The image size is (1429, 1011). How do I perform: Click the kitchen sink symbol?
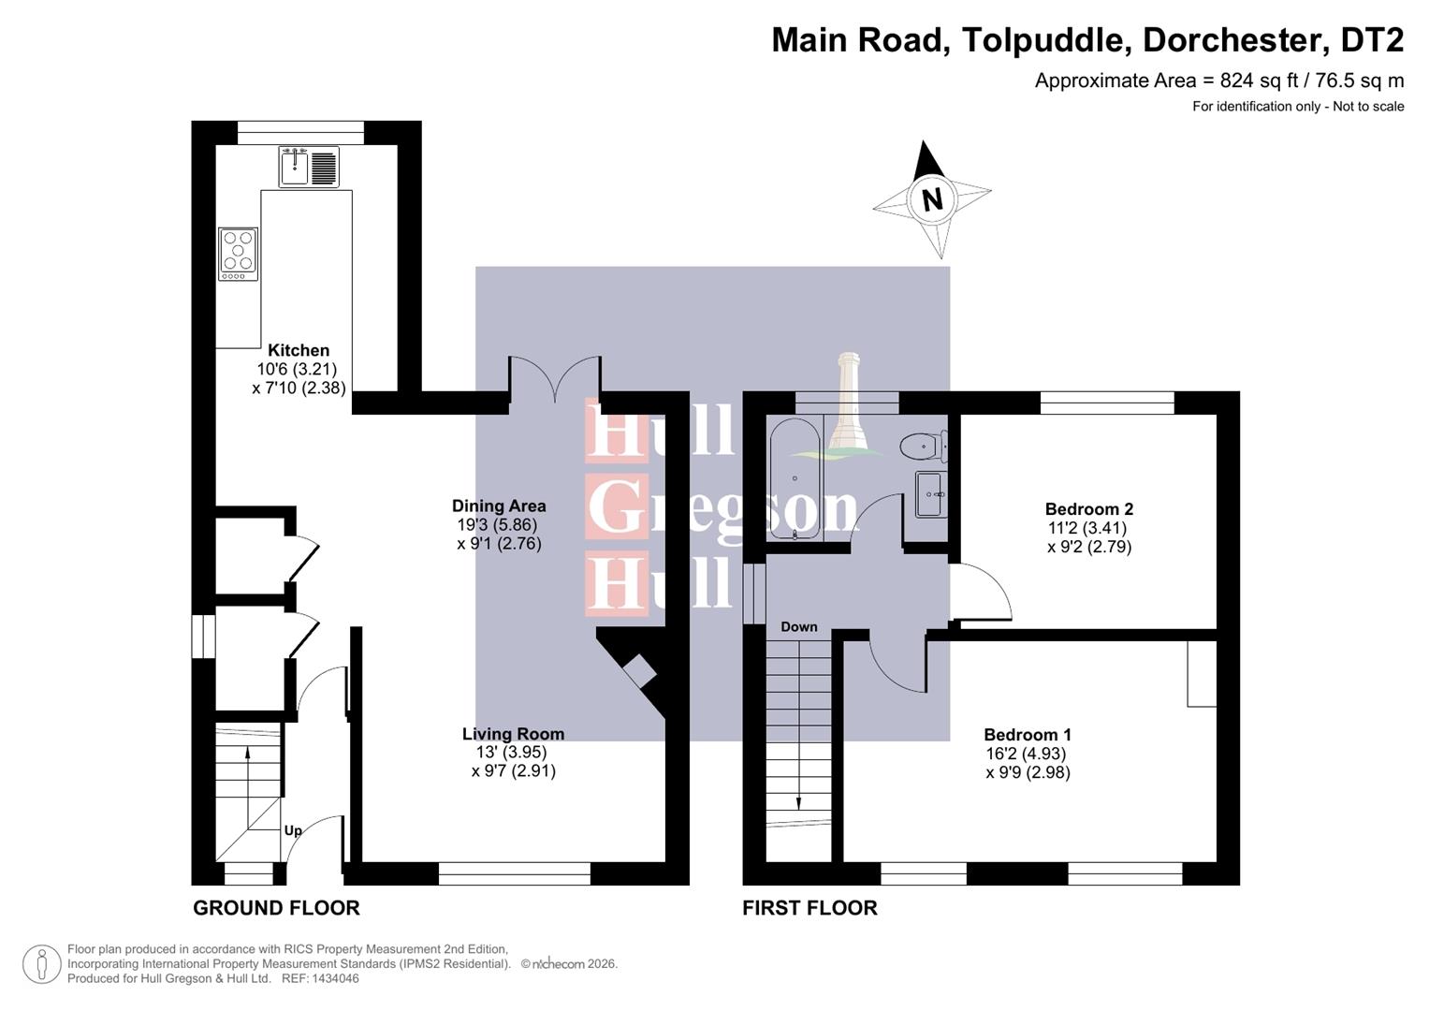[309, 168]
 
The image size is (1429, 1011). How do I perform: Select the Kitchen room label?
[299, 350]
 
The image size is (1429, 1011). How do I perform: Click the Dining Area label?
[499, 505]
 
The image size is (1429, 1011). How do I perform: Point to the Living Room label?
[513, 734]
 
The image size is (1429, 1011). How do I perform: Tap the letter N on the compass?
[931, 199]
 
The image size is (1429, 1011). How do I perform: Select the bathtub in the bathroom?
[795, 478]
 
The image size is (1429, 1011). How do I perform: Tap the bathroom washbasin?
[930, 493]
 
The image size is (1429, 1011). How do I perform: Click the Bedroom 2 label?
[1088, 509]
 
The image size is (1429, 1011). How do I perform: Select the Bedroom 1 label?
[1028, 735]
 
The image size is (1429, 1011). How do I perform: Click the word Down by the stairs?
[798, 627]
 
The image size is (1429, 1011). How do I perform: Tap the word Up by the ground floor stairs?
[293, 830]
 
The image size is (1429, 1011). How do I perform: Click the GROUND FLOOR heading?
[276, 908]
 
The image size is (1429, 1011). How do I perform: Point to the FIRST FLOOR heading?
[809, 908]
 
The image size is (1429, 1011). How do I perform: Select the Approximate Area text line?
[1218, 81]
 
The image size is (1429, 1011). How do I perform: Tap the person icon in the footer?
[41, 964]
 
